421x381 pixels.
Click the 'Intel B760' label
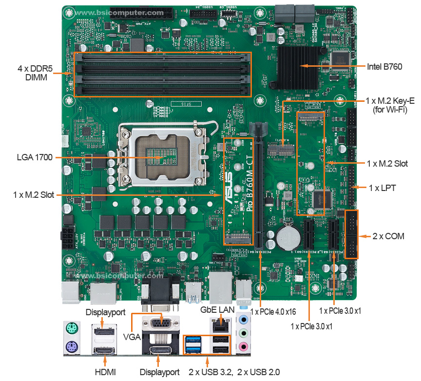pyautogui.click(x=384, y=66)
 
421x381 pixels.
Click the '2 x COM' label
pyautogui.click(x=388, y=236)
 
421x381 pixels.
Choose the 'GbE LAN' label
pyautogui.click(x=217, y=309)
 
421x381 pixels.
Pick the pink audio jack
pyautogui.click(x=244, y=347)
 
